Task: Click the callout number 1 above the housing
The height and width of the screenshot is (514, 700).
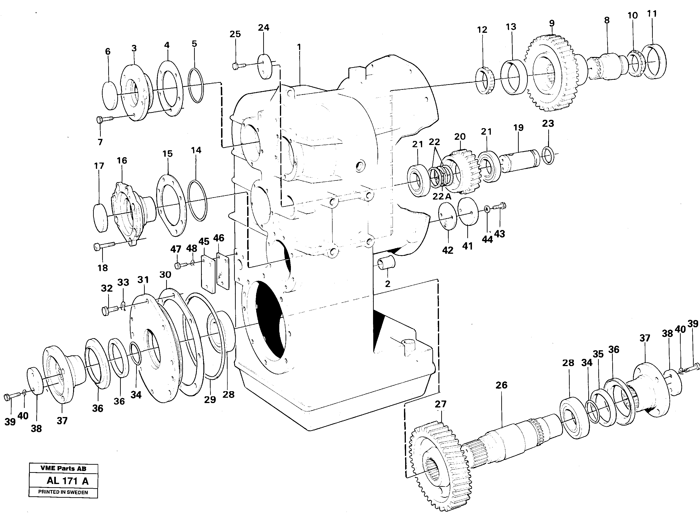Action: coord(299,47)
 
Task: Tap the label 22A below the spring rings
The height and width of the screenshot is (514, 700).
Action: coord(442,196)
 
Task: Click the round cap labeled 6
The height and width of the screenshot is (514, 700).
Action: coord(110,96)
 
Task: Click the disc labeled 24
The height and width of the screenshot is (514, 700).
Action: coord(265,66)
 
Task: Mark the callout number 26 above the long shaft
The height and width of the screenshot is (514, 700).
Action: coord(501,385)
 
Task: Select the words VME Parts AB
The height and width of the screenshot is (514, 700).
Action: coord(63,468)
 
